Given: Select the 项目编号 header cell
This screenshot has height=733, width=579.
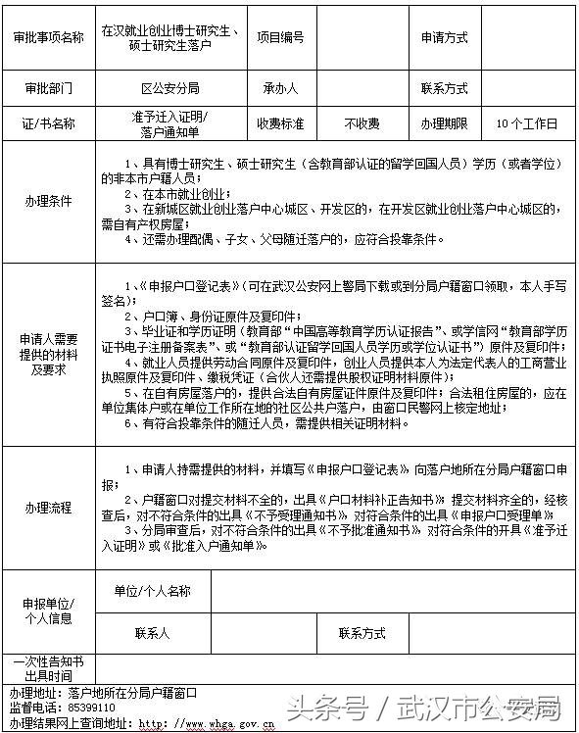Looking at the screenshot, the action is point(280,38).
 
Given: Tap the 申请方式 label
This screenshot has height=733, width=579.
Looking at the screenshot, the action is point(444,38).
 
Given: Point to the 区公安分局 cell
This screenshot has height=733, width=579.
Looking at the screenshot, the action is point(170,88).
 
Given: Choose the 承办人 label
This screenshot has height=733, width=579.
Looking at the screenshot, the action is point(280,88).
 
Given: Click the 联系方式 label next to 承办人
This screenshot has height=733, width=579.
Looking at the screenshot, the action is point(444,88).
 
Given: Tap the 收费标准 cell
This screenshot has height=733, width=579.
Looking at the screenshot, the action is point(280,124).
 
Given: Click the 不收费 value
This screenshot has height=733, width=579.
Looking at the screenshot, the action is point(362,124).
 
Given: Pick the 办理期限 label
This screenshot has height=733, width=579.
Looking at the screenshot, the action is point(444,124).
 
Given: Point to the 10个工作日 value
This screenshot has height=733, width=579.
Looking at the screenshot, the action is point(527,124).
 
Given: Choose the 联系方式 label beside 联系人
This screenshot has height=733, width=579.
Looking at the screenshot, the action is point(362,633).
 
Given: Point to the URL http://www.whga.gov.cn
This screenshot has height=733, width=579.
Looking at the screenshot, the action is point(207,723).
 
